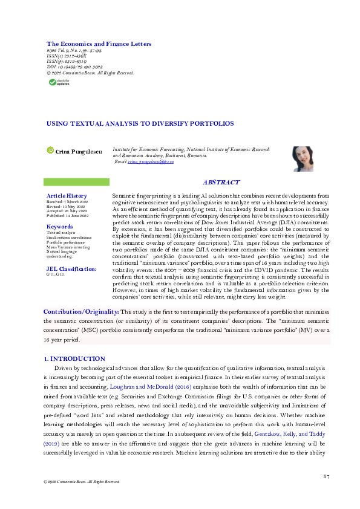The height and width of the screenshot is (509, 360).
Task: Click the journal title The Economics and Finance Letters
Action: click(x=99, y=44)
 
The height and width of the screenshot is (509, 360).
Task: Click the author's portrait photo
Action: click(x=303, y=158)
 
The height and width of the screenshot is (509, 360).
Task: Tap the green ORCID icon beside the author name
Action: click(x=51, y=149)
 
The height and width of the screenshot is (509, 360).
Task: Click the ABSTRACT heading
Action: click(x=221, y=182)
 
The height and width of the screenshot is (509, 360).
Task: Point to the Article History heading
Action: click(x=67, y=196)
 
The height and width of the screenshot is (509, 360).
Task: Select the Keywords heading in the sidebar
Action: click(x=59, y=227)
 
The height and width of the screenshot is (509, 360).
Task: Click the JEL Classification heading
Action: click(x=71, y=268)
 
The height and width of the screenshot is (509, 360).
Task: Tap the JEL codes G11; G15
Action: click(x=55, y=274)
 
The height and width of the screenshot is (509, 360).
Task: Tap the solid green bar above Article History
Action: click(x=76, y=182)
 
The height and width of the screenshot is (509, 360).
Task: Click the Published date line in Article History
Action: click(x=68, y=215)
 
